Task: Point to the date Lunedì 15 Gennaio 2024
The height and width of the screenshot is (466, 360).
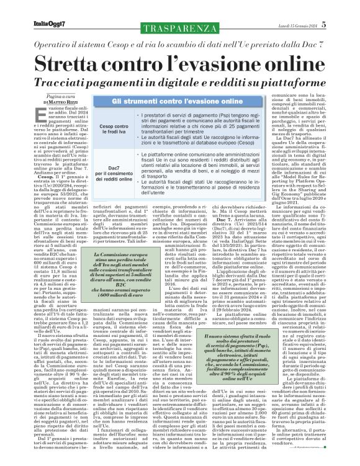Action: (311, 8)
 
